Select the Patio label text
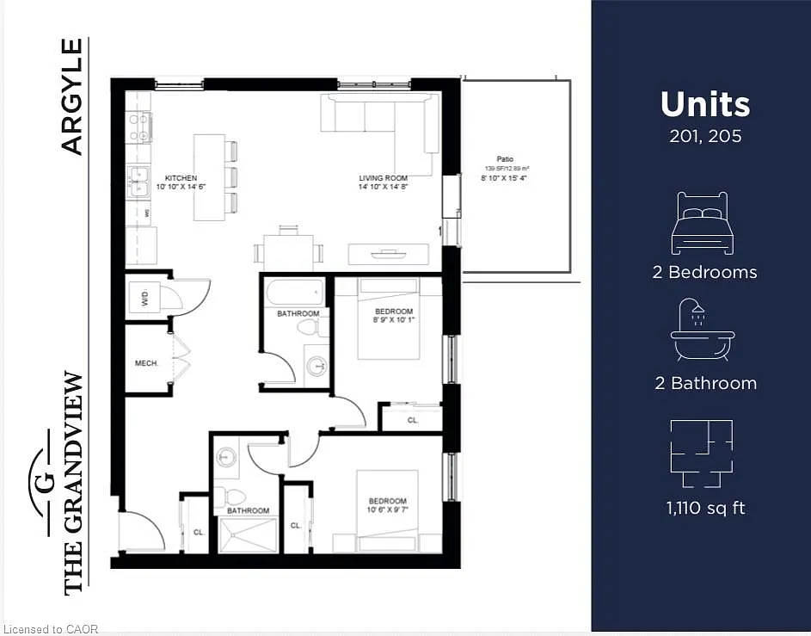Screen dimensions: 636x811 point(504,158)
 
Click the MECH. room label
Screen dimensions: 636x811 point(146,364)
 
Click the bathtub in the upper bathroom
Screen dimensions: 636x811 point(294,293)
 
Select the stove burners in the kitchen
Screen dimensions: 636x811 point(139,127)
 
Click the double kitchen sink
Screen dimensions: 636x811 point(138,182)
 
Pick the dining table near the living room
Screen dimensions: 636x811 point(288,252)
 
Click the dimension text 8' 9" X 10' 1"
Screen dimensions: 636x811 point(394,321)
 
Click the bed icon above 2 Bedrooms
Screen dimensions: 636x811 point(703,223)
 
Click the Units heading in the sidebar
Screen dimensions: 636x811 point(705,104)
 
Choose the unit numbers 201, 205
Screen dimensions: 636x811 point(705,136)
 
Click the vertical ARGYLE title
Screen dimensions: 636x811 point(73,96)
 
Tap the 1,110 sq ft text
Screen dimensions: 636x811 point(705,508)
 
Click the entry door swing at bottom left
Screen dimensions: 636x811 point(142,532)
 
